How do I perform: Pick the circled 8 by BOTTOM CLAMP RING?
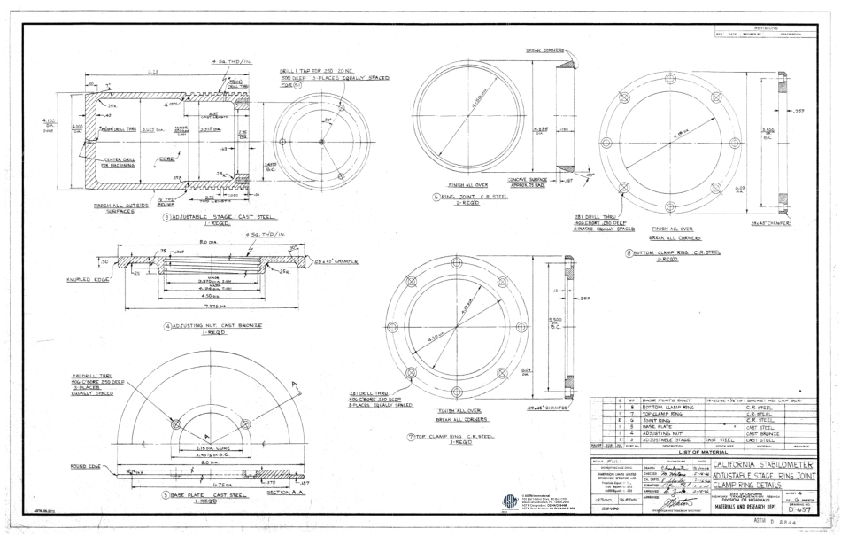pos(629,252)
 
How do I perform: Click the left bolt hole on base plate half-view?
pos(175,424)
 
